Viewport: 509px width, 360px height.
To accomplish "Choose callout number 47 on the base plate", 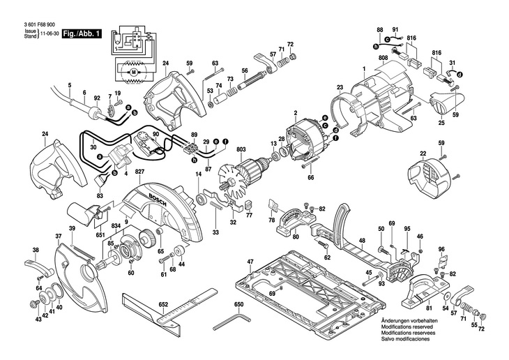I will pyautogui.click(x=250, y=262).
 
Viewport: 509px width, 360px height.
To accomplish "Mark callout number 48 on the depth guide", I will pyautogui.click(x=362, y=241).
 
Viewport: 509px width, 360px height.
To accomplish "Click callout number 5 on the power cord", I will pyautogui.click(x=70, y=86).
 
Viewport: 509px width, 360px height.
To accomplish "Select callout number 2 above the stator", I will pyautogui.click(x=295, y=114).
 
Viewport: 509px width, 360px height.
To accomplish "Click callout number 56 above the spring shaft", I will pyautogui.click(x=245, y=71).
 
